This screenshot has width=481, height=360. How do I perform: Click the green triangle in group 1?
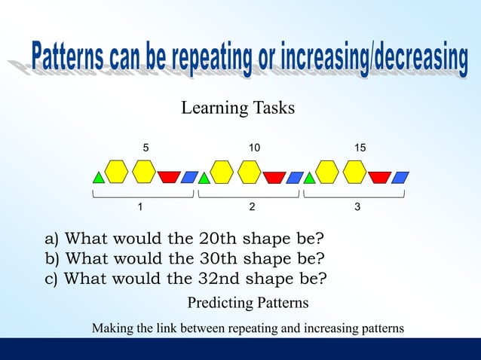(x=98, y=178)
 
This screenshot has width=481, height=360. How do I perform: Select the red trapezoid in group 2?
(x=274, y=177)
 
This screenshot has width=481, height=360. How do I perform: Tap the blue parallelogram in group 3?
(x=400, y=177)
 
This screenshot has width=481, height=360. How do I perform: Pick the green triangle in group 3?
(x=309, y=178)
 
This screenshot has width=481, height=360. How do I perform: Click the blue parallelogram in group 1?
(x=190, y=177)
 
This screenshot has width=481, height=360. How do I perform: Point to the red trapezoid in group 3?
(x=379, y=177)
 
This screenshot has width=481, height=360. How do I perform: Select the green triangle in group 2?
(x=204, y=178)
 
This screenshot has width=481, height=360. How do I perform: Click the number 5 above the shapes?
(x=146, y=148)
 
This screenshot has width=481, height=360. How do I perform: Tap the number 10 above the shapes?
(x=254, y=148)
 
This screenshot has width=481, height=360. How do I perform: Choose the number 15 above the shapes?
(x=360, y=148)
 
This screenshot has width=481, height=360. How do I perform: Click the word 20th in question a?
(x=219, y=239)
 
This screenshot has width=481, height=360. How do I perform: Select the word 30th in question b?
(x=220, y=259)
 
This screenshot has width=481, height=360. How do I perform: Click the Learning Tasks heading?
(x=237, y=108)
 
